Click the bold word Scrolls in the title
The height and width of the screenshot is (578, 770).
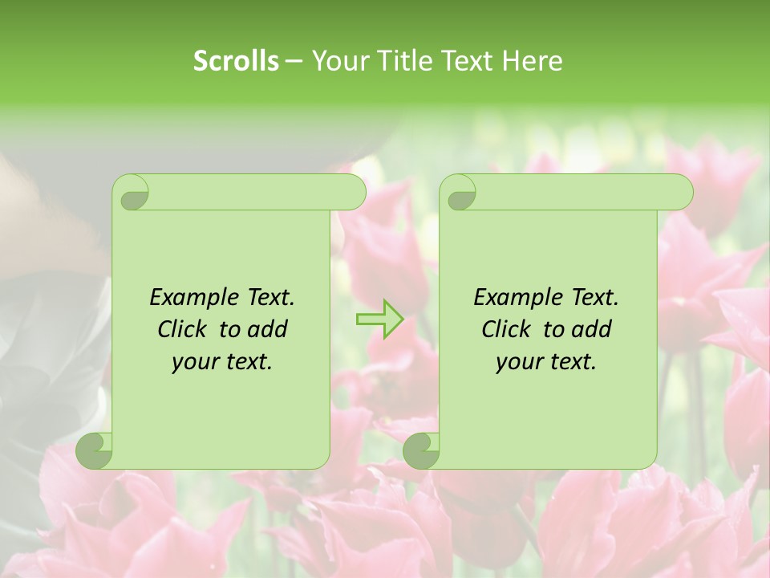click(236, 61)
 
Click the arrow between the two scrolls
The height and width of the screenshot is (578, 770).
click(379, 319)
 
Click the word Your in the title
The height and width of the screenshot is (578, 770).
click(337, 61)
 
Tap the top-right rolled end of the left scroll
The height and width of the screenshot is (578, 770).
click(353, 192)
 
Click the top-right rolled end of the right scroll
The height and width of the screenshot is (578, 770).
click(680, 192)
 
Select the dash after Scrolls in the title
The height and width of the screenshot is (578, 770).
click(294, 61)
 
